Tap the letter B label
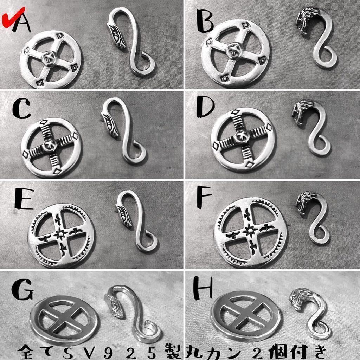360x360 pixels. coord(205,21)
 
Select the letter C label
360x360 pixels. coord(21,109)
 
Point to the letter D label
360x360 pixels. coord(205,108)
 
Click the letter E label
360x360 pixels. coord(24,199)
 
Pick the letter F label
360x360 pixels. coord(204,197)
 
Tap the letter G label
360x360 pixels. coord(22,289)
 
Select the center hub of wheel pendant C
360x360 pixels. coord(49,144)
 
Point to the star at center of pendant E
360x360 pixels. coord(60,234)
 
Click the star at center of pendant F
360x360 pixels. coord(250,230)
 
